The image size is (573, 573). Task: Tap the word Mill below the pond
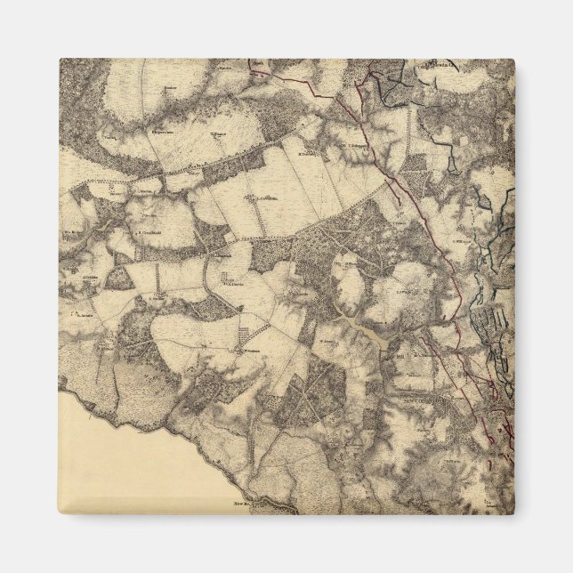pos(399,356)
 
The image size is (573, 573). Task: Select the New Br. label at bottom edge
pos(246,503)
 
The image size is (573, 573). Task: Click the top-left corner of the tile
pos(61,60)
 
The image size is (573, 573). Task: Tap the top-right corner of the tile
pos(514,60)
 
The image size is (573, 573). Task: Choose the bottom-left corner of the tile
pos(61,513)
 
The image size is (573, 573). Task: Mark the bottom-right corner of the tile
pos(514,513)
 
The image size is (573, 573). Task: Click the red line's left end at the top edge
pos(251,62)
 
